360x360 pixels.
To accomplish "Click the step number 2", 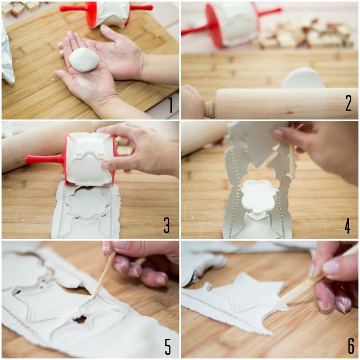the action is (348, 103).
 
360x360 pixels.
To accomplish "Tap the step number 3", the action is (167, 225).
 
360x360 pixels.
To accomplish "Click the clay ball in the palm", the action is (84, 60).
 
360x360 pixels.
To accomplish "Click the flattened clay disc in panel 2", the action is (304, 78).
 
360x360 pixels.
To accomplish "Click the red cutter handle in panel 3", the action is (44, 159).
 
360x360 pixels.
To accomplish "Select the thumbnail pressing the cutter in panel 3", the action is (105, 165).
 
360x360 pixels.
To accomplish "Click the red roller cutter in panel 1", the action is (107, 14).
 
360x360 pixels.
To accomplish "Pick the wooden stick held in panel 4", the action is (292, 161).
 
